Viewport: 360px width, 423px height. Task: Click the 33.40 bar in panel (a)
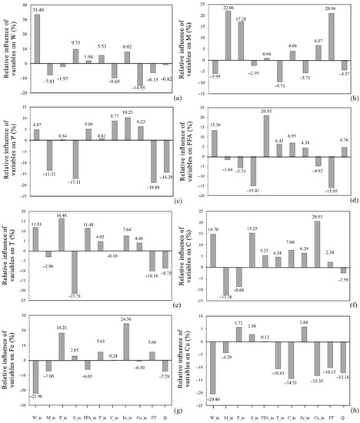point(36,38)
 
